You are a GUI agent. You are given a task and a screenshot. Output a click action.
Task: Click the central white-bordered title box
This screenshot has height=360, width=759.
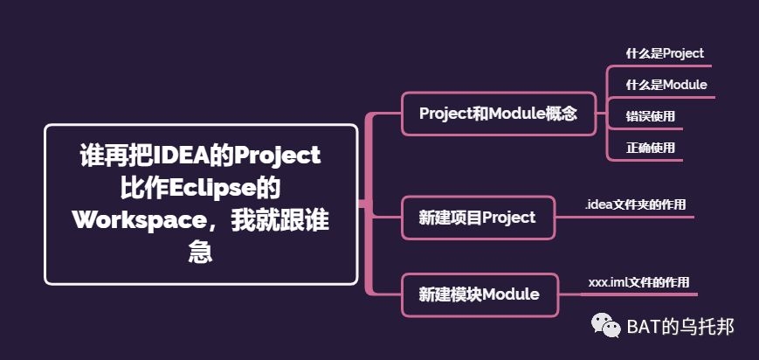[x=201, y=204]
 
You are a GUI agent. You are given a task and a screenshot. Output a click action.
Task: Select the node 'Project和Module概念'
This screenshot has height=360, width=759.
[x=498, y=114]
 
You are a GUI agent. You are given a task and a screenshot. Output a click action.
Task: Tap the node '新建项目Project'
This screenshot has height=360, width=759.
[x=478, y=218]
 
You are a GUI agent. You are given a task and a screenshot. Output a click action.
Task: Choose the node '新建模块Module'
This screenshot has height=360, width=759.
[x=478, y=294]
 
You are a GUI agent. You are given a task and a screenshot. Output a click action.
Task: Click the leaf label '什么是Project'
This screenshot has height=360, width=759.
[x=665, y=53]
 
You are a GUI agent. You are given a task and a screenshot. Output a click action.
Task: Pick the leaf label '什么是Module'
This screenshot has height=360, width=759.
[x=666, y=85]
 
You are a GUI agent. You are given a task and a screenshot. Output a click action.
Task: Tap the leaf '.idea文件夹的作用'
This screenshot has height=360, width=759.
[x=636, y=204]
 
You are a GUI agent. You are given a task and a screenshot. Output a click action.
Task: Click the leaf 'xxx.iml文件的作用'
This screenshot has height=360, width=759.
[x=638, y=282]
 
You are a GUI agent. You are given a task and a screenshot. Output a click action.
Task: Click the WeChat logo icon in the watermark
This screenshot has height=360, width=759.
[x=604, y=326]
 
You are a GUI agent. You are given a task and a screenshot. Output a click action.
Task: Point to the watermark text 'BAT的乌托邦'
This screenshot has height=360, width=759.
[x=680, y=327]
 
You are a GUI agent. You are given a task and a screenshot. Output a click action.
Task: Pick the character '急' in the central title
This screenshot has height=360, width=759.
[x=201, y=251]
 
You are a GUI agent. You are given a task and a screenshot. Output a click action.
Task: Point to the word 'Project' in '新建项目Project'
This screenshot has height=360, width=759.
[x=508, y=218]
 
